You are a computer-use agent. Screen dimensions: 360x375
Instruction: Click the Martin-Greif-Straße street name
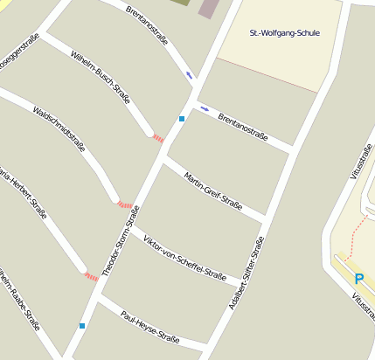click(212, 192)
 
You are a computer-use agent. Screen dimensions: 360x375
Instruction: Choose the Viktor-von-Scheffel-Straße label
click(184, 256)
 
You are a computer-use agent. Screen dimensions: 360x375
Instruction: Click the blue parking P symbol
click(358, 280)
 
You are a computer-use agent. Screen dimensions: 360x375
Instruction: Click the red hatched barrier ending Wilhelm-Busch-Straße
click(157, 138)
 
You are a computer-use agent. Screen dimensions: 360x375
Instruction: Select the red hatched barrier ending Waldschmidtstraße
click(125, 204)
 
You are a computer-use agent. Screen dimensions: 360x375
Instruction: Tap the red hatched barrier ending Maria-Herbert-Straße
click(91, 276)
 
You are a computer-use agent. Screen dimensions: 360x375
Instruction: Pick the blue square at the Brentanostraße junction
click(182, 118)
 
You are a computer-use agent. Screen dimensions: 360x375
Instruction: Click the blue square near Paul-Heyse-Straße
click(82, 326)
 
